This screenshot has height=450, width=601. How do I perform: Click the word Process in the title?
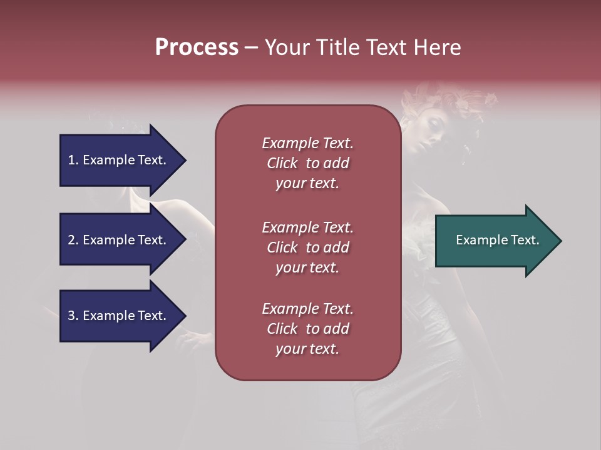(197, 47)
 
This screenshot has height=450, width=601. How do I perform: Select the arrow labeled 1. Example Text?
(119, 160)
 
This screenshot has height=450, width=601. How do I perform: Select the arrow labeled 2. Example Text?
(119, 240)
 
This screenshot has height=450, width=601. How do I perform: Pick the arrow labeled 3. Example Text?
(119, 316)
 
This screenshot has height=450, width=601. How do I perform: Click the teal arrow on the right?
(495, 240)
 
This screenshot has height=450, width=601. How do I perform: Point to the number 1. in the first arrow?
(73, 160)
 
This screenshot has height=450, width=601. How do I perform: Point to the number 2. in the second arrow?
(73, 240)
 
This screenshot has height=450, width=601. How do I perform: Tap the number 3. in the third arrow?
(73, 316)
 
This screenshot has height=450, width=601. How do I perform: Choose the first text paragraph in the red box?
(307, 163)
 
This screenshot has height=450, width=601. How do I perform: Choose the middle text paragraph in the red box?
(307, 247)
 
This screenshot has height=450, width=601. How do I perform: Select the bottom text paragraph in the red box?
(307, 329)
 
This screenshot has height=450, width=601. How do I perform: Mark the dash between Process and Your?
(251, 47)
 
